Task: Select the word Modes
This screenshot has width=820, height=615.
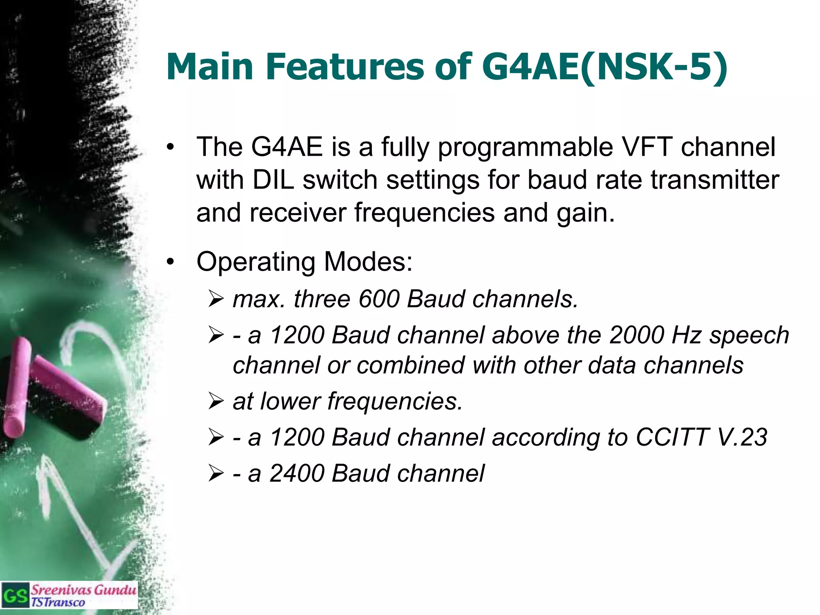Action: click(368, 262)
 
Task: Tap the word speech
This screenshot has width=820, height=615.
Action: click(749, 336)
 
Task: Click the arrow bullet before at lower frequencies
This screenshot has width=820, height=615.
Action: click(216, 402)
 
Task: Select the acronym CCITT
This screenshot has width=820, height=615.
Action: click(672, 437)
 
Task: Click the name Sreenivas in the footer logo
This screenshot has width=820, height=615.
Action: click(61, 590)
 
